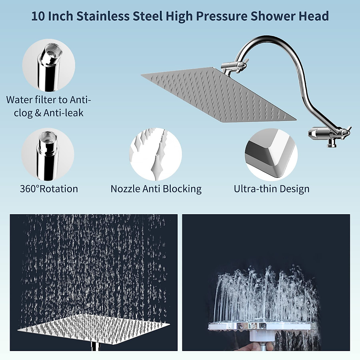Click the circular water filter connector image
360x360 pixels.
click(x=49, y=67)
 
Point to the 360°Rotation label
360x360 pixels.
click(x=49, y=189)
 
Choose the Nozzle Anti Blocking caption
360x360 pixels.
click(x=156, y=189)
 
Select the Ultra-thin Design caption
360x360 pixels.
click(x=271, y=189)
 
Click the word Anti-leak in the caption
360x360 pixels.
click(x=64, y=113)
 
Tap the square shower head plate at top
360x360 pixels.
click(x=216, y=96)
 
